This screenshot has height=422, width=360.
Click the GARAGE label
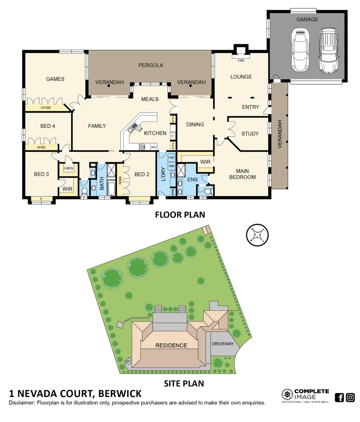pyautogui.click(x=307, y=19)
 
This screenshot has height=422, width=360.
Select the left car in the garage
pyautogui.click(x=301, y=50)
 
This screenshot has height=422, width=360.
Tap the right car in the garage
pyautogui.click(x=328, y=50)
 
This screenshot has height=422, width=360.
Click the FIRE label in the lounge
pyautogui.click(x=241, y=61)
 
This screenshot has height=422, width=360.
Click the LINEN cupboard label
pyautogui.click(x=68, y=168)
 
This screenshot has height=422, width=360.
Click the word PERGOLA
pyautogui.click(x=150, y=65)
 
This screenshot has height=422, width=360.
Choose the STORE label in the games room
pyautogui.click(x=46, y=108)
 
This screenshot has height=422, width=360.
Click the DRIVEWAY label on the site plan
pyautogui.click(x=222, y=344)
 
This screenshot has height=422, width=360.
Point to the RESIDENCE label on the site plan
pyautogui.click(x=171, y=345)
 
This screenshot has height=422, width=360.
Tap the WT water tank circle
pyautogui.click(x=128, y=361)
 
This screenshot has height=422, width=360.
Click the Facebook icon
pyautogui.click(x=339, y=398)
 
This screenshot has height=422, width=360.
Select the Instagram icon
pyautogui.click(x=350, y=398)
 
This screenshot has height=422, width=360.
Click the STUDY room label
pyautogui.click(x=250, y=134)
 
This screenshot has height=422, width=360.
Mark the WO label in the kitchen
pyautogui.click(x=154, y=147)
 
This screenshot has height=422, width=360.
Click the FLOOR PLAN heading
pyautogui.click(x=180, y=215)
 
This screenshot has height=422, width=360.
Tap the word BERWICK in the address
pyautogui.click(x=120, y=393)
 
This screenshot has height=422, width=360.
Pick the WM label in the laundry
pyautogui.click(x=171, y=166)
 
